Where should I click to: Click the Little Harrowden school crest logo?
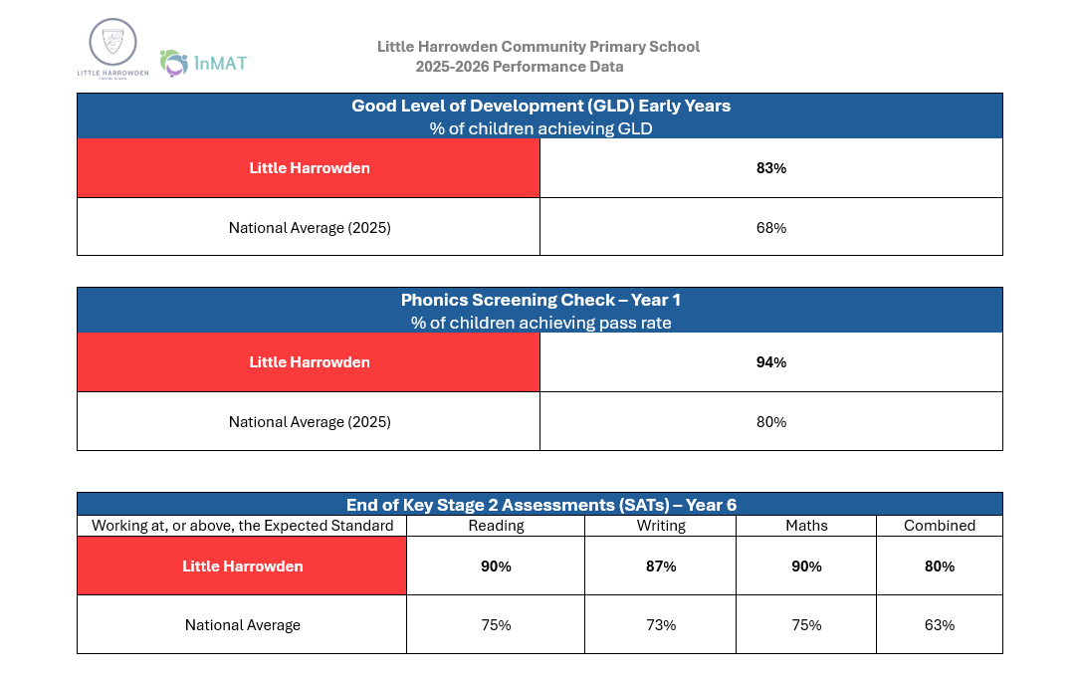(112, 49)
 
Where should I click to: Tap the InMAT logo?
(203, 63)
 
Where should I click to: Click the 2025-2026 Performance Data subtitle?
(520, 67)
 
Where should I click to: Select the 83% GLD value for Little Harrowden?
(771, 168)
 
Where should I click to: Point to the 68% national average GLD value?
(771, 228)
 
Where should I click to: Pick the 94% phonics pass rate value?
(771, 362)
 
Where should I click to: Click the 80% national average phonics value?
(771, 422)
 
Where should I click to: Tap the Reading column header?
(496, 526)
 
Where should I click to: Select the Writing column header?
(661, 526)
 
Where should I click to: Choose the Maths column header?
(806, 526)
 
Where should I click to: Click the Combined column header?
(940, 526)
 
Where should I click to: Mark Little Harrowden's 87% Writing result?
(661, 567)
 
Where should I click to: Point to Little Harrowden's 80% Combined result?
(940, 567)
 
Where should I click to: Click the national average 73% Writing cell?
(661, 625)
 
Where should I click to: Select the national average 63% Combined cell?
(940, 625)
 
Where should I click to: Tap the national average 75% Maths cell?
(806, 625)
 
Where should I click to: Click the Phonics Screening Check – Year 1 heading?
(540, 300)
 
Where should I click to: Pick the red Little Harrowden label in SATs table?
(242, 567)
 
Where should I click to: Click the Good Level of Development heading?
(540, 106)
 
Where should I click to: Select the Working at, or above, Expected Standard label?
(242, 526)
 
